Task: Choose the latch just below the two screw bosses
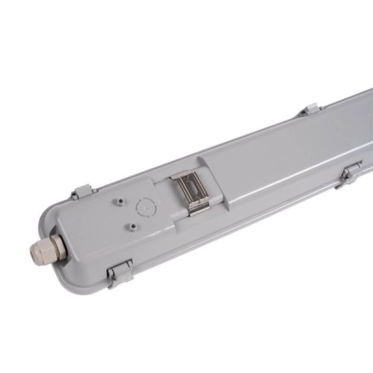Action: [x=119, y=275]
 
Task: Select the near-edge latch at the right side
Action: [x=348, y=174]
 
